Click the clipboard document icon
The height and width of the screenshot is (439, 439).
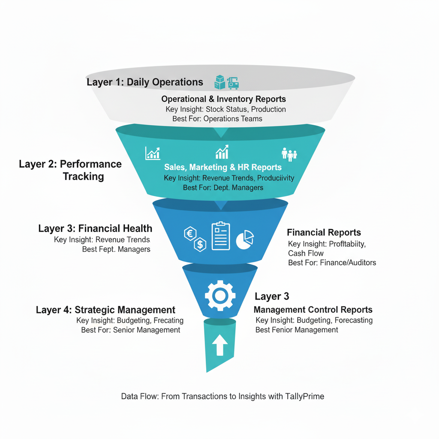tap(220, 236)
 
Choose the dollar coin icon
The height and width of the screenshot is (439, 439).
tap(200, 245)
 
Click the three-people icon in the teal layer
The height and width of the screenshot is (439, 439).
tap(289, 154)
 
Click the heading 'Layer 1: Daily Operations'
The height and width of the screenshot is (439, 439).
tap(145, 82)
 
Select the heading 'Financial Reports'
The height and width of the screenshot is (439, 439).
tap(324, 233)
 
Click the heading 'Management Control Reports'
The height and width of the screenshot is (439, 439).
tap(313, 310)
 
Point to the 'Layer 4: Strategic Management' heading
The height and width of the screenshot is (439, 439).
tap(105, 310)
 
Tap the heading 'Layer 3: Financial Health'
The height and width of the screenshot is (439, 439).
tap(95, 229)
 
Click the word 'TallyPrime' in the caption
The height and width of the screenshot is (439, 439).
tap(304, 396)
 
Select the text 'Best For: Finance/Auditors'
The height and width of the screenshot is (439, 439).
tap(332, 262)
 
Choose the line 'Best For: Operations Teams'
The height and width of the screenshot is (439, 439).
tap(217, 119)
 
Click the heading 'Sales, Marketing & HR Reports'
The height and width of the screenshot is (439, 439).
tap(223, 167)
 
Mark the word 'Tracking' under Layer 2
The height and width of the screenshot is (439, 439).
tap(83, 176)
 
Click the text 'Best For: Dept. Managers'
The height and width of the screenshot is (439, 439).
tap(223, 187)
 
